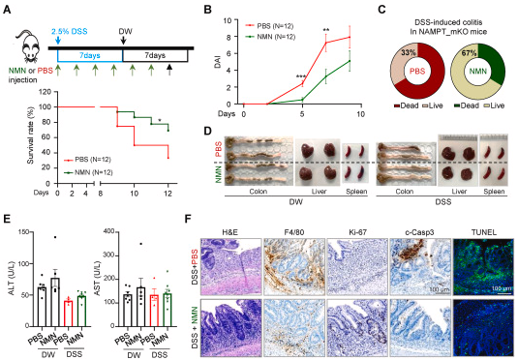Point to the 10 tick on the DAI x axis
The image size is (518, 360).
pyautogui.click(x=361, y=113)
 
